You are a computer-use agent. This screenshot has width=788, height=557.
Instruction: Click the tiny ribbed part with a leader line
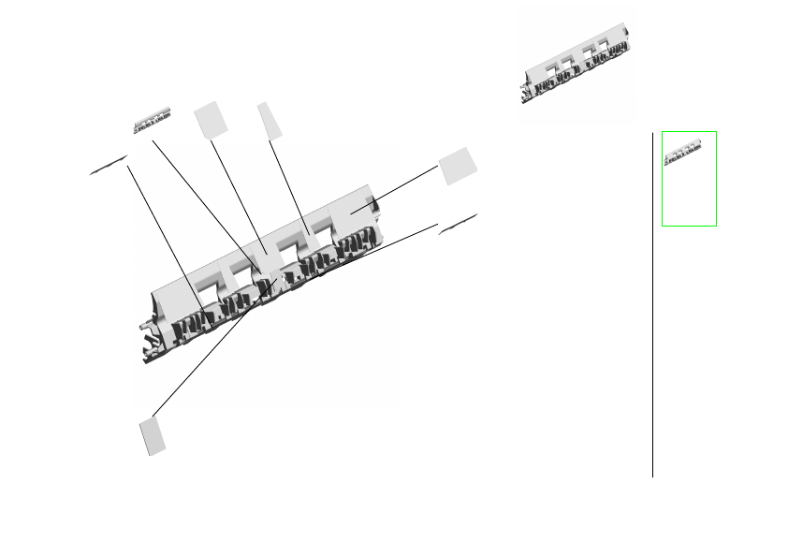(152, 121)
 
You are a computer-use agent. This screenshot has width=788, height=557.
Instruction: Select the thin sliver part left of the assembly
(109, 165)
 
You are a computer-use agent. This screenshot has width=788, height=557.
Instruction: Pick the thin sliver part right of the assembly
(458, 222)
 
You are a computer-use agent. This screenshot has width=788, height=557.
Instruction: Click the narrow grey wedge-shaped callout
(270, 121)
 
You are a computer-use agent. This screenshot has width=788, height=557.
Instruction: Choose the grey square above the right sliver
(458, 166)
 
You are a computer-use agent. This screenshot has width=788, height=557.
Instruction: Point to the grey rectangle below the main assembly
(153, 436)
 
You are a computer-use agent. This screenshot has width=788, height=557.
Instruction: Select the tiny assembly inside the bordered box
(683, 153)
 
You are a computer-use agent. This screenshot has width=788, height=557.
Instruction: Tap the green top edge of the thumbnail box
(689, 132)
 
